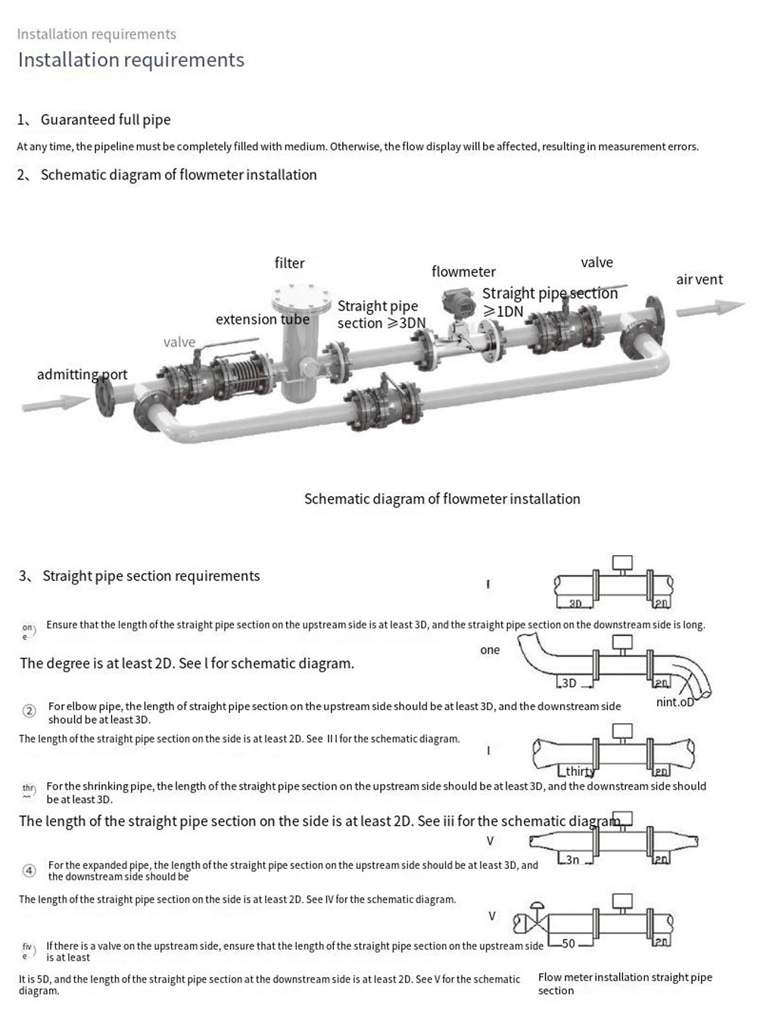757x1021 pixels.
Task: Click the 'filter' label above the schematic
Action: pyautogui.click(x=289, y=263)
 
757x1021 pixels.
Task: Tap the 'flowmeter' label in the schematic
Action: pyautogui.click(x=463, y=272)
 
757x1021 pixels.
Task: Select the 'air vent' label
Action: pyautogui.click(x=699, y=280)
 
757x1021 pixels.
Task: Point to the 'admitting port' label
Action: pyautogui.click(x=82, y=374)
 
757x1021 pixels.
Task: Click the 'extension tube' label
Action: pyautogui.click(x=262, y=319)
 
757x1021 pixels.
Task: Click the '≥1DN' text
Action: pyautogui.click(x=503, y=312)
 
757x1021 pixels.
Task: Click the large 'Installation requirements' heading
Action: pyautogui.click(x=131, y=60)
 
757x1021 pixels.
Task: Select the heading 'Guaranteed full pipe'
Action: pyautogui.click(x=105, y=119)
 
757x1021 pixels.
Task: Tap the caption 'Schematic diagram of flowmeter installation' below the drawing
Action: pyautogui.click(x=442, y=499)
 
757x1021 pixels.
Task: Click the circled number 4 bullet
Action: pyautogui.click(x=29, y=870)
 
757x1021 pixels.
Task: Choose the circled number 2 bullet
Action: pyautogui.click(x=29, y=711)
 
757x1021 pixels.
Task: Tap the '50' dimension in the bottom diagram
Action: pyautogui.click(x=568, y=944)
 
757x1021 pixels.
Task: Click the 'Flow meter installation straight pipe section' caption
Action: pyautogui.click(x=625, y=983)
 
